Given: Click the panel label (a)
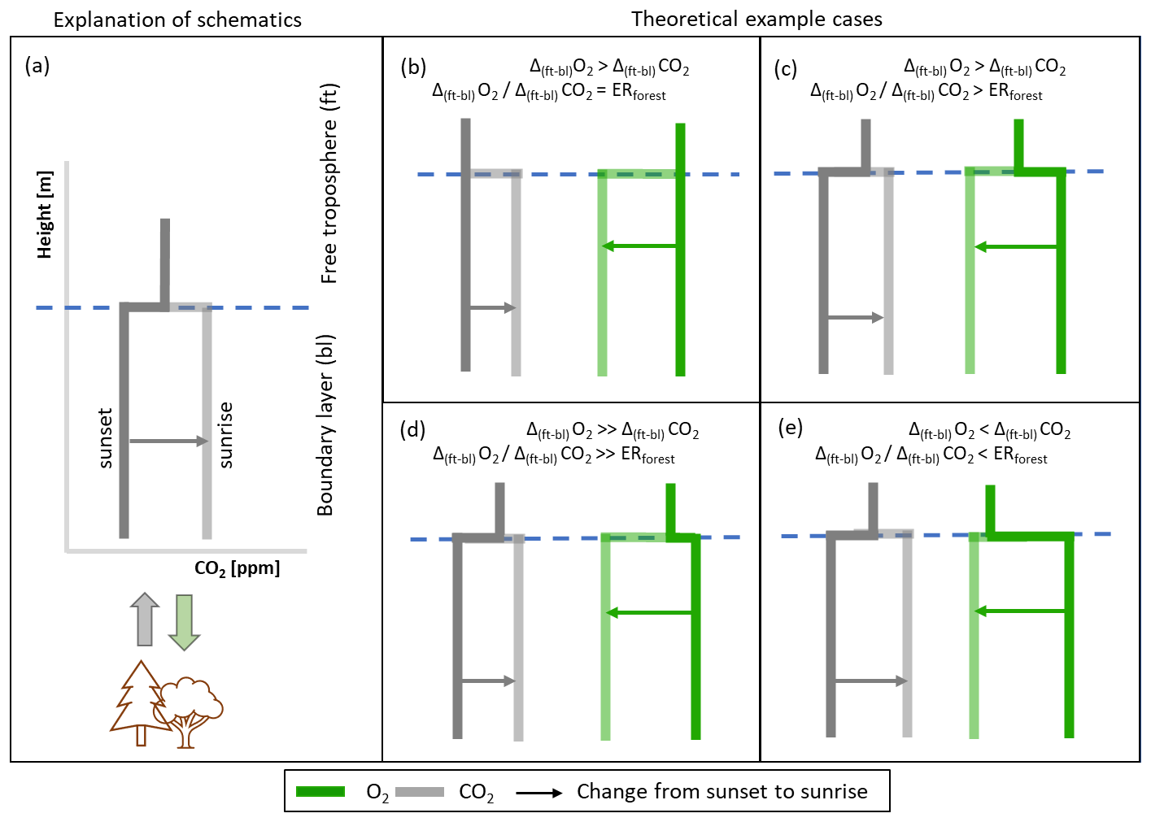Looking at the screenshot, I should [x=37, y=65].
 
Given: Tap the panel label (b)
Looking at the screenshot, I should [x=413, y=67].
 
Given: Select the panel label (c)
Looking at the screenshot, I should [x=786, y=68].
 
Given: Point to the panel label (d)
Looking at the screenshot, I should [x=412, y=429].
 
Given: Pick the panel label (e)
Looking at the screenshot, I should [x=790, y=428].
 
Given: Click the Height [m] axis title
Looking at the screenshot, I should [x=45, y=215].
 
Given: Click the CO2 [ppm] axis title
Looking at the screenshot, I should [x=237, y=568].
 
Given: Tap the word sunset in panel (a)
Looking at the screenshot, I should [x=105, y=438].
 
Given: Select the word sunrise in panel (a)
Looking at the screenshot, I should [x=226, y=435].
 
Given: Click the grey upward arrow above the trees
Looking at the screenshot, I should [x=145, y=620].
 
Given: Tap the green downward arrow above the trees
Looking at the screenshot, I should [x=185, y=622].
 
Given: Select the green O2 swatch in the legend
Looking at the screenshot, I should [x=320, y=791].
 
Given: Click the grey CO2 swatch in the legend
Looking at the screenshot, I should [x=420, y=791].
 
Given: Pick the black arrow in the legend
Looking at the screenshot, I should [x=539, y=792].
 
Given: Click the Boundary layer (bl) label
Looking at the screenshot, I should [x=326, y=424].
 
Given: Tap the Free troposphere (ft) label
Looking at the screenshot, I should [x=329, y=184].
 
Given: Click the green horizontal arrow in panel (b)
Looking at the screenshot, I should [x=639, y=246].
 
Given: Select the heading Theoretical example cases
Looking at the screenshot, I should [x=756, y=19].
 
